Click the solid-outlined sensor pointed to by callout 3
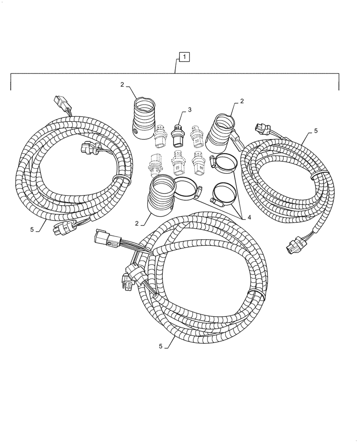tap(178, 135)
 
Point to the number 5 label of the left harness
tap(32, 229)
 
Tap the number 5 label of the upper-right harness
tap(316, 131)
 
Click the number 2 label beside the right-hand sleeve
tap(242, 101)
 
